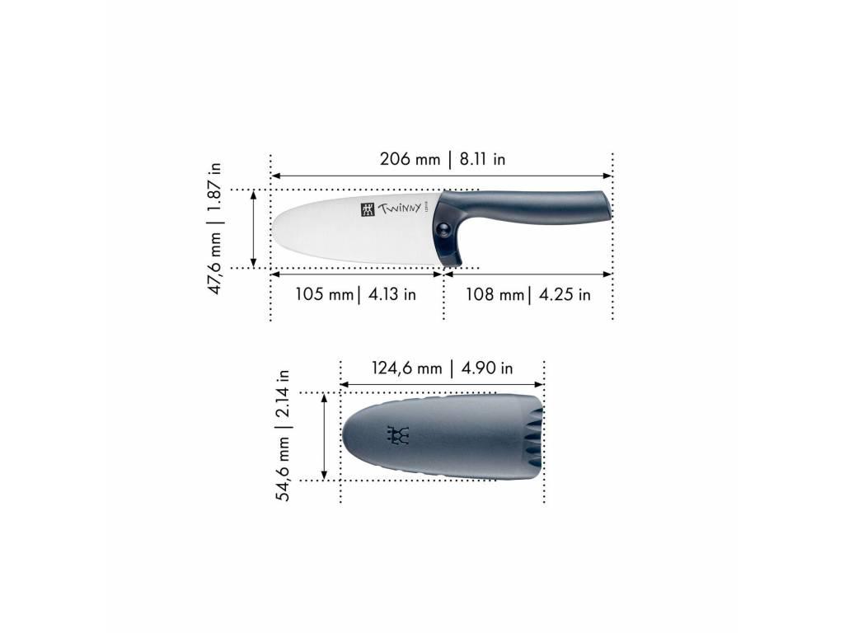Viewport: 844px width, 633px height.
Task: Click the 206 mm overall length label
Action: (x=410, y=159)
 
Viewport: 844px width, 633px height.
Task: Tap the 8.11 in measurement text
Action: (x=482, y=159)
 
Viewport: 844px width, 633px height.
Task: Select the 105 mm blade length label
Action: (x=324, y=294)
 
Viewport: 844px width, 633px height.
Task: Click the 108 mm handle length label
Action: (x=494, y=294)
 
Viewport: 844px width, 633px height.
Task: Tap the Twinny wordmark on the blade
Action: (x=399, y=208)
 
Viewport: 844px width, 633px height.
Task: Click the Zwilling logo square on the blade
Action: (x=367, y=209)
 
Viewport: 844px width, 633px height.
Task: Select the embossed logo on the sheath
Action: (x=398, y=435)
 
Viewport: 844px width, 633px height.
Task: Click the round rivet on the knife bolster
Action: (x=447, y=232)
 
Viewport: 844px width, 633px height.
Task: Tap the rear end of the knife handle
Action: (x=608, y=206)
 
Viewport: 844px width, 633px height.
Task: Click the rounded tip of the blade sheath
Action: (x=345, y=435)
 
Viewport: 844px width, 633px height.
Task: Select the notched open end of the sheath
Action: (x=536, y=437)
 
